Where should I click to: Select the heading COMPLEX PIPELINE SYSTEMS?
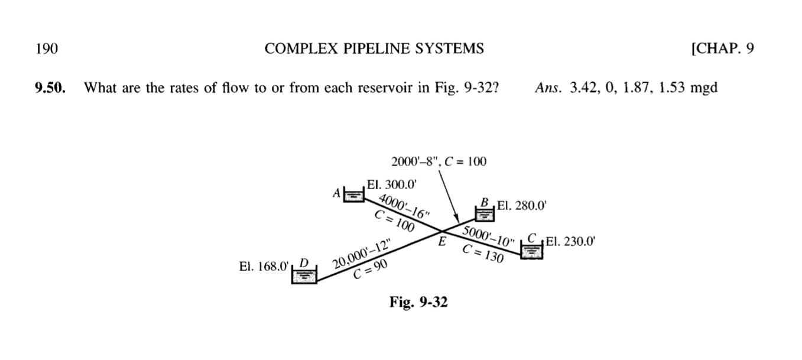pos(374,49)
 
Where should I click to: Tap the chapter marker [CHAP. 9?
pos(722,49)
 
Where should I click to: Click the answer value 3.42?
pos(582,88)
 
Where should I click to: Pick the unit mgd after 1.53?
pos(704,88)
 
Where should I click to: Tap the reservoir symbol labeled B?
pos(485,212)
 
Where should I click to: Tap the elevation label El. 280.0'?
pos(522,206)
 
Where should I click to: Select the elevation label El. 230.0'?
pos(568,241)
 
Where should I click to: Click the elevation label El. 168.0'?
pos(264,267)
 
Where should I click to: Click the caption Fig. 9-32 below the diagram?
pos(418,302)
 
